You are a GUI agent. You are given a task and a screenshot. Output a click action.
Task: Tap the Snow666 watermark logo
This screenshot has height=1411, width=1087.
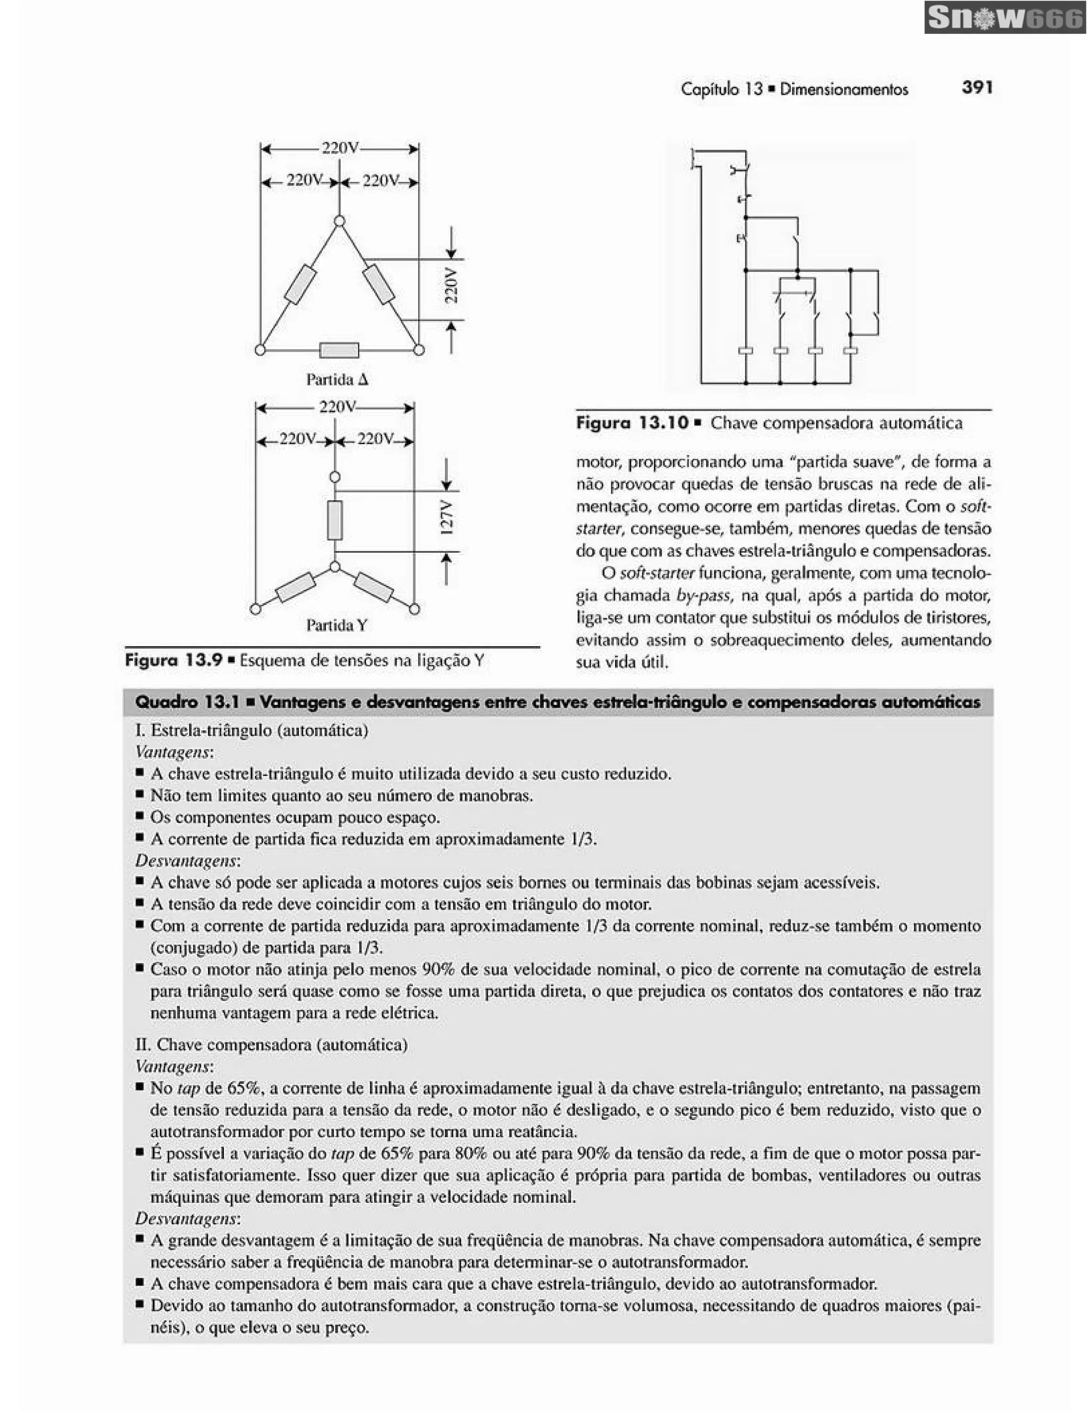tap(1004, 18)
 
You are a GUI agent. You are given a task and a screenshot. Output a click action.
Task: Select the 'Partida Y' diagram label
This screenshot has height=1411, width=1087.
tap(336, 625)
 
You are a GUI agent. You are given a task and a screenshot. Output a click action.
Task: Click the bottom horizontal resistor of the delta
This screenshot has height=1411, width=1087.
tap(339, 350)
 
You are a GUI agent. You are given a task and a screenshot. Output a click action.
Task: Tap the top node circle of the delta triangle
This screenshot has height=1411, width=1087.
tap(339, 222)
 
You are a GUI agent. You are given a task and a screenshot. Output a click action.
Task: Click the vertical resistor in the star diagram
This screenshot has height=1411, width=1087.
tap(335, 520)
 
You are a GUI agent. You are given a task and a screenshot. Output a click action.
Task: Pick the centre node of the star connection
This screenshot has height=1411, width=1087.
tap(335, 567)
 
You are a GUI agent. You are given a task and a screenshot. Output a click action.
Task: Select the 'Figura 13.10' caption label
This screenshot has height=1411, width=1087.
tap(632, 423)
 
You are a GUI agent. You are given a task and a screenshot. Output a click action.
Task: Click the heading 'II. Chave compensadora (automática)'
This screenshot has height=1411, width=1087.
tap(271, 1044)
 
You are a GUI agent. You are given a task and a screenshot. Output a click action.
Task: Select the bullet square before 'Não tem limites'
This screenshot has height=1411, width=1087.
tap(140, 795)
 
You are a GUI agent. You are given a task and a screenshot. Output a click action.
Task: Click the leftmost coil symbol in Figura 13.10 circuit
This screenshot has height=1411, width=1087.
tap(745, 351)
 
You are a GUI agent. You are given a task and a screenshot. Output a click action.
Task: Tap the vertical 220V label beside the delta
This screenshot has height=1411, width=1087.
tap(451, 285)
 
